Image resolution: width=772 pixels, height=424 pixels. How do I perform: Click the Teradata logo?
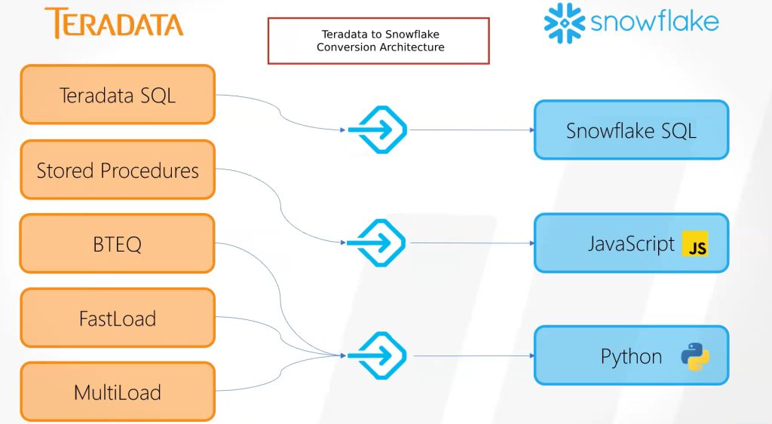coord(114,23)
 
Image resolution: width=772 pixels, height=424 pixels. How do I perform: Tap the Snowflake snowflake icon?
coord(565,23)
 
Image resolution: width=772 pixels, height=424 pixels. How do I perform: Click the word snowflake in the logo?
coord(654,22)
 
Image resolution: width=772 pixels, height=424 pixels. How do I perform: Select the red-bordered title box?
coord(378,41)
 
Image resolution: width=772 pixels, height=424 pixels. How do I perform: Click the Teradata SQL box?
coord(118,95)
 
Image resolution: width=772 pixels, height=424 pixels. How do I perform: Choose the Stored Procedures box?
coord(118,170)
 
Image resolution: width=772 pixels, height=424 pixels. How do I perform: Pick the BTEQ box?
coord(118,244)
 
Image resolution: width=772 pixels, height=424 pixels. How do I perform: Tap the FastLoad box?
coord(118,318)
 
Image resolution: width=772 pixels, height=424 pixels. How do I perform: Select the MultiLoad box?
coord(118,392)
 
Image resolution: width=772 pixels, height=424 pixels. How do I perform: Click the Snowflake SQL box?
coord(631,130)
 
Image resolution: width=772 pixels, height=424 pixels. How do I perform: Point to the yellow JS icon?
coord(697,245)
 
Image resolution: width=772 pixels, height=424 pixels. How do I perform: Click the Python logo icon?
coord(694,356)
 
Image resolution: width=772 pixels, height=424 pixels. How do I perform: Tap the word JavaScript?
coord(631,244)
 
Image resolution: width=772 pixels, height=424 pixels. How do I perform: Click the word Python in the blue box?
coord(631,356)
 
